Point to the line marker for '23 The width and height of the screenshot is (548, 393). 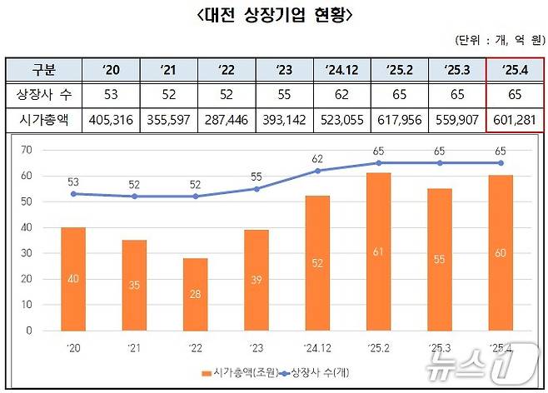(x=256, y=189)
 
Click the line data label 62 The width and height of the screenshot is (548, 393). (x=316, y=158)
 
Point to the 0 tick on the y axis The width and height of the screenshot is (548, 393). (x=29, y=330)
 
